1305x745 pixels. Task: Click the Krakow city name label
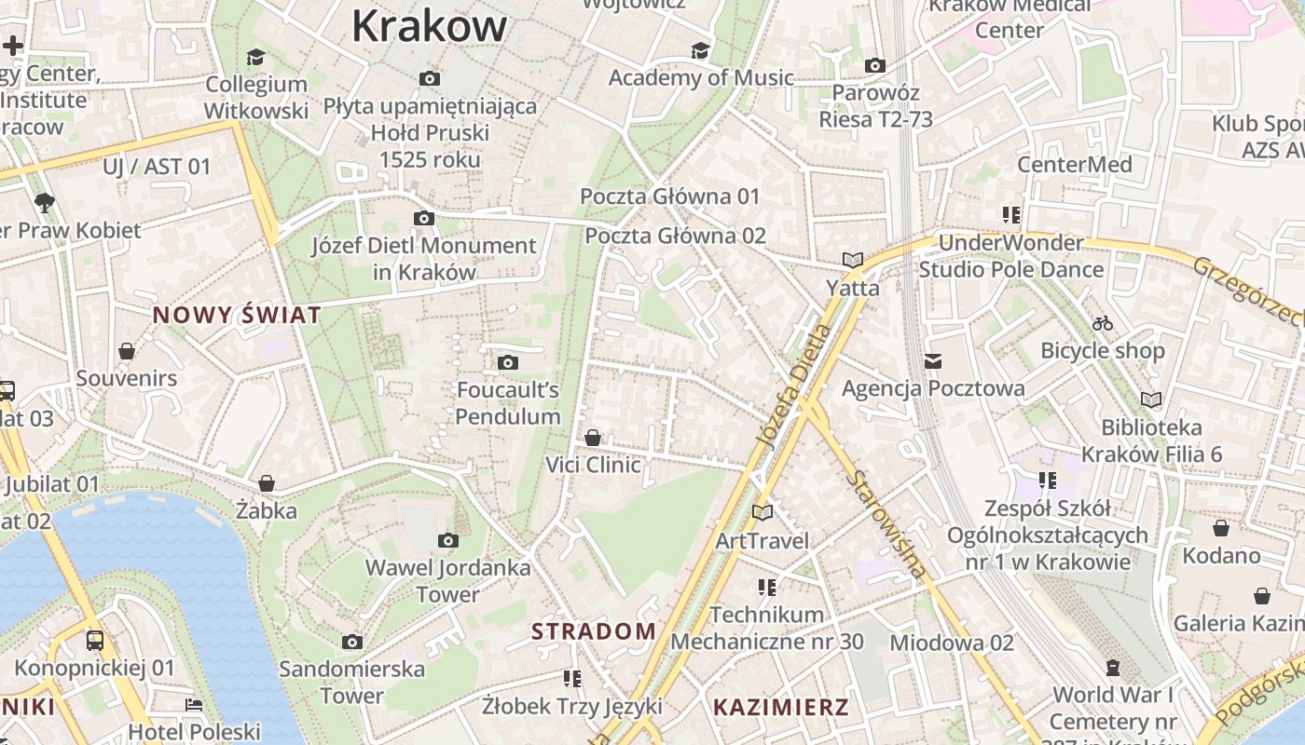[x=429, y=26]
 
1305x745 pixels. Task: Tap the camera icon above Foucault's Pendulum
[x=508, y=362]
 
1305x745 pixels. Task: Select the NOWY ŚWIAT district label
[x=237, y=315]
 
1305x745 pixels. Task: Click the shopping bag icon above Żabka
[x=267, y=483]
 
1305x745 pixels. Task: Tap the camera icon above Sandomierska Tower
[x=352, y=642]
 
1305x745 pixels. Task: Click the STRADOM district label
[x=594, y=631]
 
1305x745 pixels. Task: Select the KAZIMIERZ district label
[x=781, y=707]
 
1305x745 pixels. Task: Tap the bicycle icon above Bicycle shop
[x=1103, y=323]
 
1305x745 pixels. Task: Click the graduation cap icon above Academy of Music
[x=700, y=50]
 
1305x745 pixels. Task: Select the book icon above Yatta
[x=852, y=260]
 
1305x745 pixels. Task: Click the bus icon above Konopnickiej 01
[x=95, y=640]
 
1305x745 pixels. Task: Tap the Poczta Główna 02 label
[x=675, y=236]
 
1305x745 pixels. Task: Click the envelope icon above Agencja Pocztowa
[x=933, y=360]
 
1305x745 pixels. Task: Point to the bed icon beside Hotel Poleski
[x=194, y=705]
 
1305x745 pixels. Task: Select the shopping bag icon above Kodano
[x=1221, y=528]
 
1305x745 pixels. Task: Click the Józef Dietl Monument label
[x=424, y=259]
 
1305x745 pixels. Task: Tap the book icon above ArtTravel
[x=762, y=512]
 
